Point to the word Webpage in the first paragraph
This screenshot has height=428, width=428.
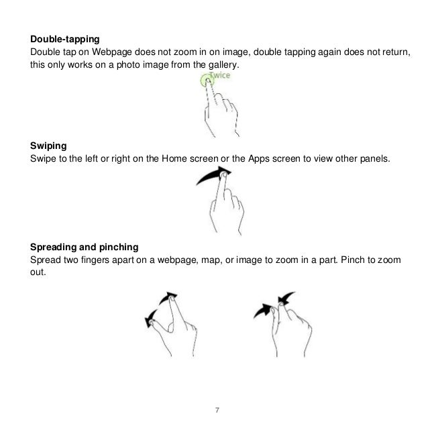[105, 53]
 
